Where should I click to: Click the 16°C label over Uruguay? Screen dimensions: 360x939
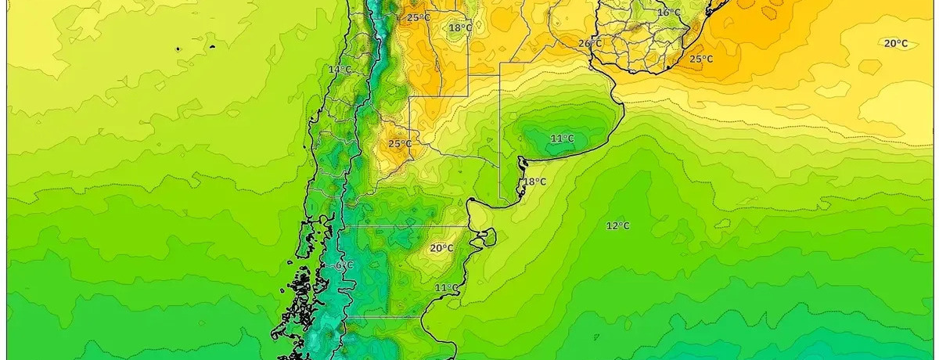pos(668,13)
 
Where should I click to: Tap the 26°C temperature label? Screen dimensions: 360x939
pos(590,44)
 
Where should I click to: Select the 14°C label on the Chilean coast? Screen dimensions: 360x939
pos(339,70)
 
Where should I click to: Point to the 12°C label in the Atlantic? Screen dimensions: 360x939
pos(617,226)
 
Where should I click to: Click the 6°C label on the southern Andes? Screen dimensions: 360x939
pos(344,266)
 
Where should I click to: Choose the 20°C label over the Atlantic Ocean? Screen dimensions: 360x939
pos(895,44)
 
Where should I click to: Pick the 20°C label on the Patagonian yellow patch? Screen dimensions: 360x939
pos(441,249)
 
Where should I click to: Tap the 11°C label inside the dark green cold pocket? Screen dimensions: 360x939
pos(561,139)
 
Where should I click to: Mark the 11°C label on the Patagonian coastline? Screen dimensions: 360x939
pos(446,288)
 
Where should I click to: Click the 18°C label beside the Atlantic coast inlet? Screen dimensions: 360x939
pos(534,182)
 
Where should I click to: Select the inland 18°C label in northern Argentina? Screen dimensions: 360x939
pos(460,28)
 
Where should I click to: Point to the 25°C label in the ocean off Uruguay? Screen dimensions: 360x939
pos(700,59)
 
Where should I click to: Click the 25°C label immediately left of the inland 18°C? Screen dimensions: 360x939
pos(418,17)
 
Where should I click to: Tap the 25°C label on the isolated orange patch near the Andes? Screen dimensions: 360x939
pos(399,144)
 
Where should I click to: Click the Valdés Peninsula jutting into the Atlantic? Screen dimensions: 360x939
pos(487,236)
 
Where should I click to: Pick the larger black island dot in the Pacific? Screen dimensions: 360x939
pos(178,49)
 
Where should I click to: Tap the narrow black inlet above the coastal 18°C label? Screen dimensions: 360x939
pos(521,164)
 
